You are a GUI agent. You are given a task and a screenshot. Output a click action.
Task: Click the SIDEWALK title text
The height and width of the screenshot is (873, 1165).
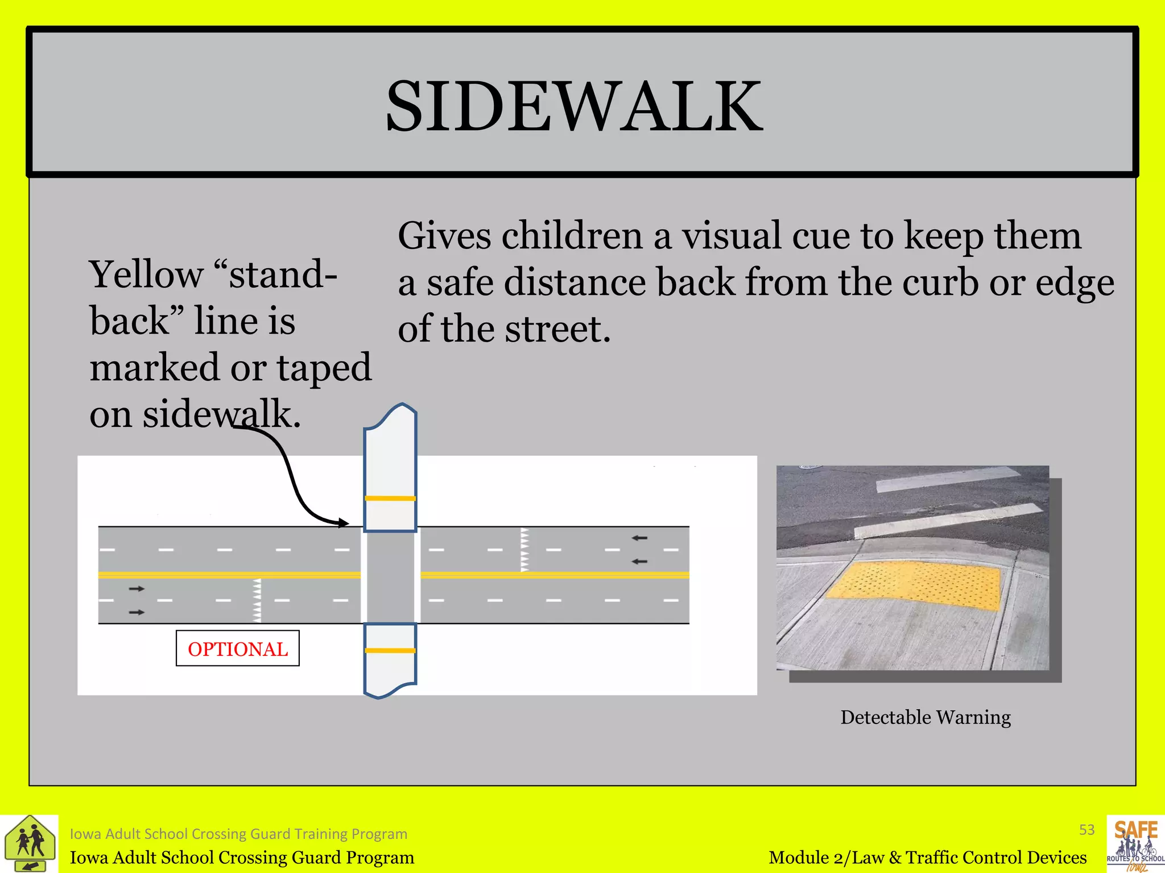pos(574,106)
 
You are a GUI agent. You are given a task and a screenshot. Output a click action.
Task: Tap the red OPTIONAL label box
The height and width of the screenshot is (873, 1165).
pos(238,648)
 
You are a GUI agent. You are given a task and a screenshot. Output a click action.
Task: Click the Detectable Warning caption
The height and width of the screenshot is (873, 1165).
pos(926,717)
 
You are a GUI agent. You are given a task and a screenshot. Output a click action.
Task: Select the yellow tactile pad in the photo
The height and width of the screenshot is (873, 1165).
pos(914,585)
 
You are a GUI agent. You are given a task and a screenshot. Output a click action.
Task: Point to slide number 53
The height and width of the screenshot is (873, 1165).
pos(1086,830)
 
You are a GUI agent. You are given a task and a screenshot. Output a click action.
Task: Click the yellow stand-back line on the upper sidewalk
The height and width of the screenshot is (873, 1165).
pos(390,498)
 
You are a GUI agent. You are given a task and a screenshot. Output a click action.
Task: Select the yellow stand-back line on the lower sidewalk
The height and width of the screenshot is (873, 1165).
pos(390,651)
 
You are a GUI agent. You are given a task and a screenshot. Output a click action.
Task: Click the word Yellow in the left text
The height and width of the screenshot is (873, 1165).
pos(146,275)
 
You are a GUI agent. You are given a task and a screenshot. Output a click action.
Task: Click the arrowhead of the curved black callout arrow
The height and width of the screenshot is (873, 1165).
pos(343,523)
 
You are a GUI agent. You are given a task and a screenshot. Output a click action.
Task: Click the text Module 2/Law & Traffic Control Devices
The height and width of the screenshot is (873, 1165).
pos(927,857)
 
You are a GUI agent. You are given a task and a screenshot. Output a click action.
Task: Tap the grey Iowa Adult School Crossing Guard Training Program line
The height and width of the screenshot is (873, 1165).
pos(238,834)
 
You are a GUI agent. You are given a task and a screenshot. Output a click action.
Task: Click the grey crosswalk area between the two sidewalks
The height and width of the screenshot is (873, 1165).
pos(390,577)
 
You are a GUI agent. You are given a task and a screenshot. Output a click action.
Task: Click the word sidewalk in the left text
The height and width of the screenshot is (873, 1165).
pos(221,414)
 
